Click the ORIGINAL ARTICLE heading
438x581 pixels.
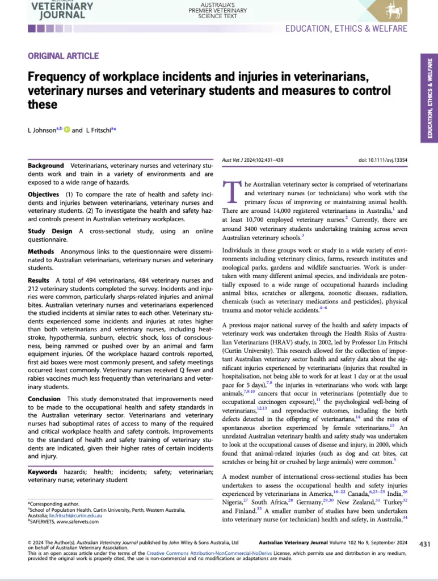click(63, 56)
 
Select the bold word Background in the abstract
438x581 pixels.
click(46, 166)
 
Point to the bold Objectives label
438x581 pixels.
click(44, 195)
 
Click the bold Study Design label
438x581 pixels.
click(50, 231)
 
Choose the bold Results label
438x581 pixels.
click(39, 280)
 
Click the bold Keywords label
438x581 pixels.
click(43, 472)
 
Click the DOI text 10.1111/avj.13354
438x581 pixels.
click(382, 160)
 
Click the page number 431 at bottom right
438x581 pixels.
click(425, 544)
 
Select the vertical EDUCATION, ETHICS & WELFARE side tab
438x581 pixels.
click(429, 96)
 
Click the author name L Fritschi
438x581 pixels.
click(100, 130)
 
